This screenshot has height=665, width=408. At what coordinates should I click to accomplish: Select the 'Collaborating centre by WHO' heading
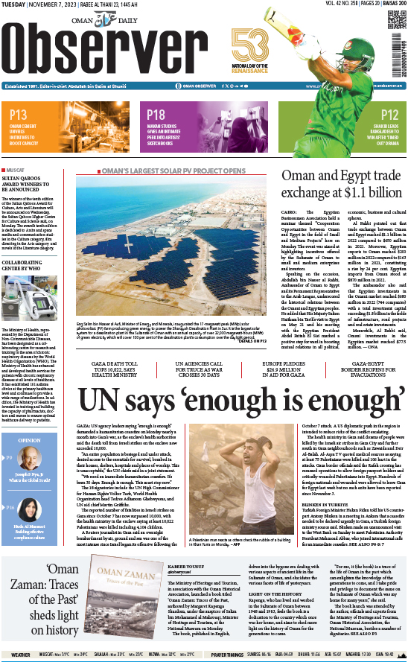(x=31, y=266)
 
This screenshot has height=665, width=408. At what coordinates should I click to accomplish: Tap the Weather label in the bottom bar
(x=21, y=655)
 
